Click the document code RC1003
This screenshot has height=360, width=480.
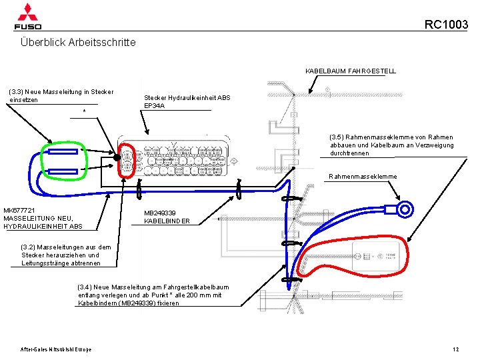(x=446, y=25)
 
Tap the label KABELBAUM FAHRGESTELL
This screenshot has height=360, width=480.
(x=351, y=71)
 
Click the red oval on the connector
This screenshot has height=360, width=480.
(x=124, y=160)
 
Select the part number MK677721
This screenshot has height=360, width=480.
(x=19, y=210)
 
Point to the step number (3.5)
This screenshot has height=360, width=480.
(x=339, y=137)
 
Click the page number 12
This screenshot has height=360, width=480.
(x=455, y=349)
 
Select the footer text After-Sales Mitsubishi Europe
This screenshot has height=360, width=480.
(x=56, y=349)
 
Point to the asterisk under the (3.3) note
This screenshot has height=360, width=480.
(x=84, y=111)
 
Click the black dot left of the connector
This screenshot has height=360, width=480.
(x=116, y=157)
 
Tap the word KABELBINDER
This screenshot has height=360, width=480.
(x=167, y=221)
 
